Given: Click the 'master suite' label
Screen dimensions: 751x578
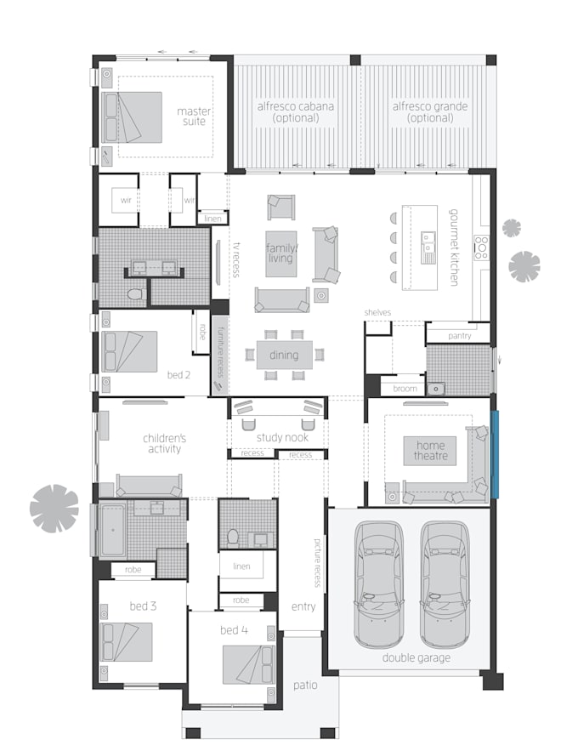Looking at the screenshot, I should [194, 117].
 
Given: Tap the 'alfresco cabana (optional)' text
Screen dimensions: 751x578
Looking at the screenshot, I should [296, 112].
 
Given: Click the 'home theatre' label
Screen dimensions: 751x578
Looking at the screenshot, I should [431, 451].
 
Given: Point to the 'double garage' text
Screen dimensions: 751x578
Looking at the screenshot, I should [416, 657].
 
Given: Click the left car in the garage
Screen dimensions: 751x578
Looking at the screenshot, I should [378, 583].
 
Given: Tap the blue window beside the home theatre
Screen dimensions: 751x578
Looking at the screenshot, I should [494, 454].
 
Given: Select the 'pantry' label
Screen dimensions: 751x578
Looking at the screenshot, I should [459, 336].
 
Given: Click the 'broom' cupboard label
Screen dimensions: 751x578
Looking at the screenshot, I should [405, 389].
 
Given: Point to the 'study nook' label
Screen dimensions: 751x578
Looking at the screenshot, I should [282, 438].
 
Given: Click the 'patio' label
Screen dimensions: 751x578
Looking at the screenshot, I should [306, 685].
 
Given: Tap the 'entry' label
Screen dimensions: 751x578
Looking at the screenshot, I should [303, 606].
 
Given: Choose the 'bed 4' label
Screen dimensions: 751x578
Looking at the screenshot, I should [234, 630].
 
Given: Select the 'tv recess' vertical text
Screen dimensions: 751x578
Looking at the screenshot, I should [236, 259].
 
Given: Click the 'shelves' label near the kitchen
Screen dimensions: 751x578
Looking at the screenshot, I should [377, 313].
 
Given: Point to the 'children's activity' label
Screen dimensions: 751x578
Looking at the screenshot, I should [164, 443].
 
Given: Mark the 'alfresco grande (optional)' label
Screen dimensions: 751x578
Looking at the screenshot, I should [430, 112].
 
